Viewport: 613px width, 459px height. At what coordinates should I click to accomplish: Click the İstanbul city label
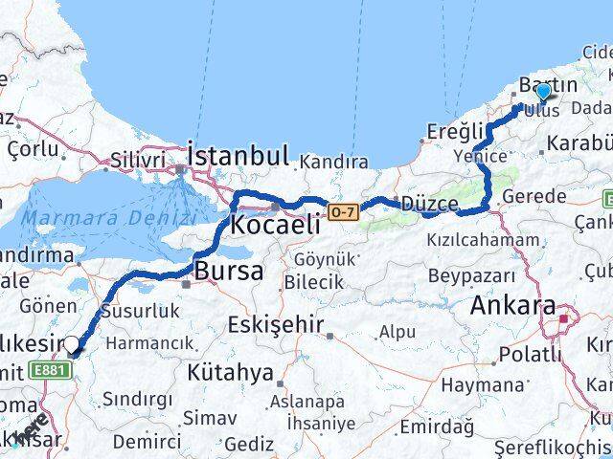(238, 155)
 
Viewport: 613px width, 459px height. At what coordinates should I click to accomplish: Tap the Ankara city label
(513, 307)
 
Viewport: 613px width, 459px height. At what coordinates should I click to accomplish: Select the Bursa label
(229, 272)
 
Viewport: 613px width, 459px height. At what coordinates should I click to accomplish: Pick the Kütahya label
(230, 371)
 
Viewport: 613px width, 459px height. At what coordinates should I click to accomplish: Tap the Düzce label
(430, 203)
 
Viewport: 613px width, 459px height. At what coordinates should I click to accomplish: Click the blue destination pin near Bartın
(543, 92)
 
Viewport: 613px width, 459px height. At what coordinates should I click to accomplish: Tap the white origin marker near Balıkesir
(72, 344)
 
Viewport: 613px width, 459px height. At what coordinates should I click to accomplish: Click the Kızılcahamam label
(469, 240)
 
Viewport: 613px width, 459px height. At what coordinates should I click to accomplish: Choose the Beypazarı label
(465, 274)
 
